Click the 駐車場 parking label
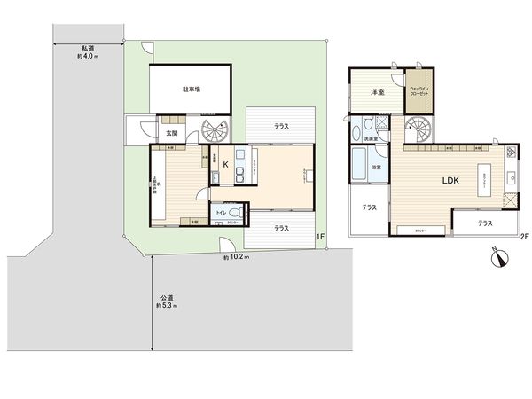(192, 90)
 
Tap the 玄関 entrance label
(172, 133)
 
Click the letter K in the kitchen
(225, 165)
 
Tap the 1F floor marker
(321, 236)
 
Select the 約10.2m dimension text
(237, 257)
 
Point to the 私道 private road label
(88, 48)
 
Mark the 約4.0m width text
(88, 56)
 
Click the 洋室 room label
(377, 91)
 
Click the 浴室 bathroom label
(376, 168)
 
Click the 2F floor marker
(524, 236)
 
